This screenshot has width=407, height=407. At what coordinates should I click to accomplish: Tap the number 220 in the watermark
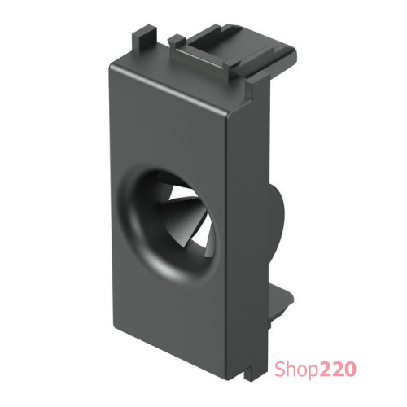click(x=338, y=369)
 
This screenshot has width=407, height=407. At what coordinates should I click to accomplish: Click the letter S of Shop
click(x=280, y=369)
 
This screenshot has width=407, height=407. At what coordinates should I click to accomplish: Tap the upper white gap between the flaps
click(x=182, y=192)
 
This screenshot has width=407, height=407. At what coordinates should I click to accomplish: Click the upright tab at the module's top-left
click(x=144, y=41)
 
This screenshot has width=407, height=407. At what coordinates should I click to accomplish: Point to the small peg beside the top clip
click(x=176, y=41)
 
